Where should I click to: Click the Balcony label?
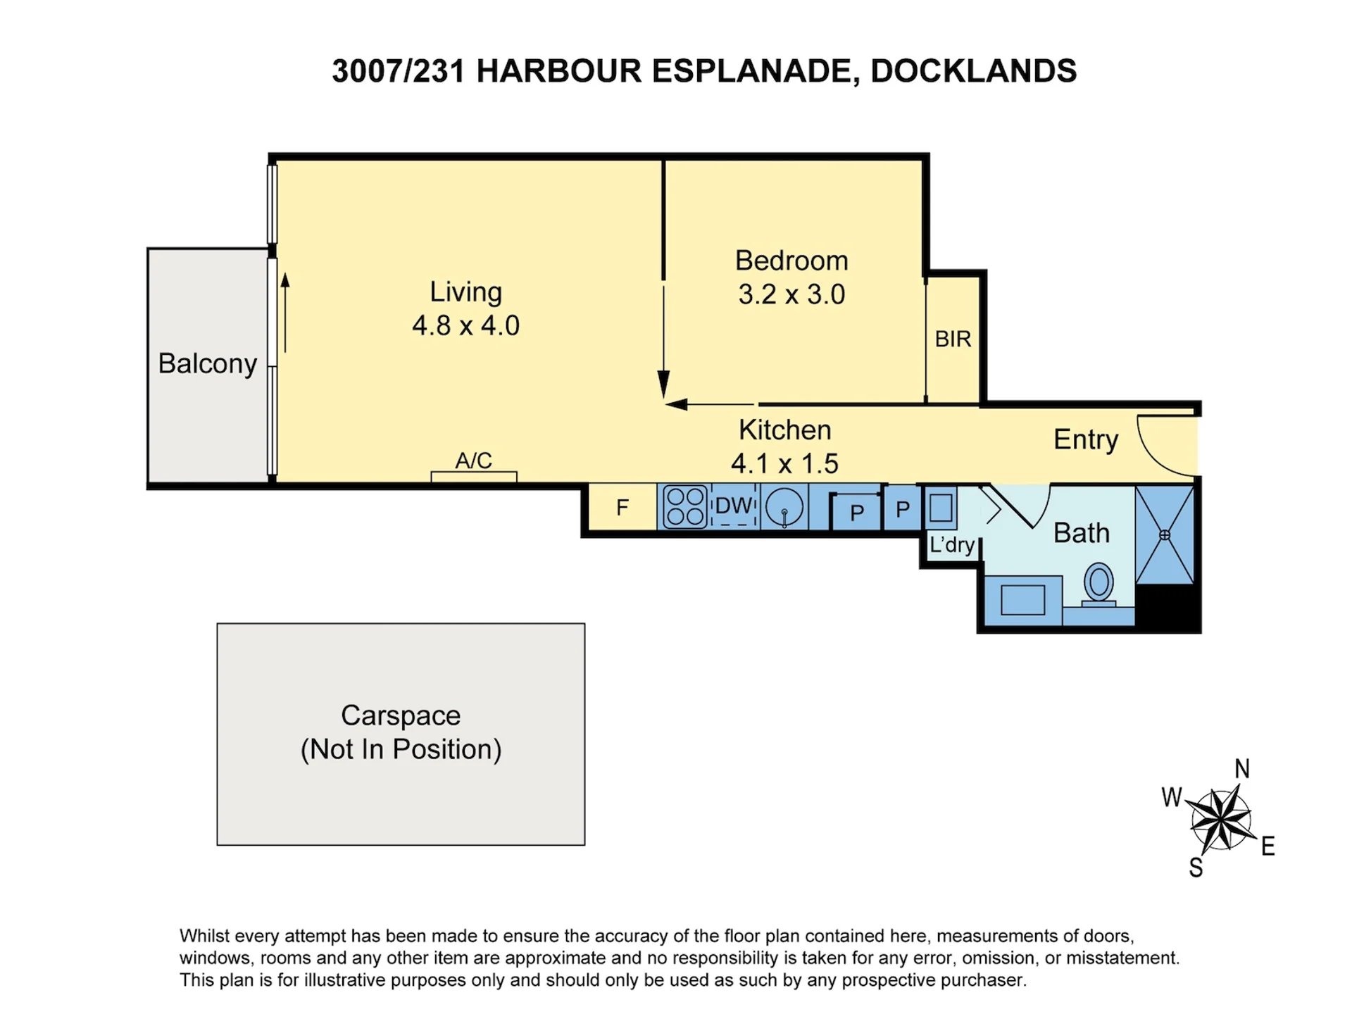pyautogui.click(x=208, y=364)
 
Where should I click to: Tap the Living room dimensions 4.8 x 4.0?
pyautogui.click(x=466, y=325)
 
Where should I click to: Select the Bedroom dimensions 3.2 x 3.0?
pyautogui.click(x=791, y=294)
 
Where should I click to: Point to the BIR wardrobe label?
pyautogui.click(x=953, y=339)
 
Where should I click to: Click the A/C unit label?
pyautogui.click(x=473, y=461)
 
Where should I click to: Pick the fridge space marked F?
pyautogui.click(x=622, y=507)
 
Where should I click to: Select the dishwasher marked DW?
pyautogui.click(x=734, y=506)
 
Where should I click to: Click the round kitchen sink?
pyautogui.click(x=784, y=507)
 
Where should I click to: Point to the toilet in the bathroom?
pyautogui.click(x=1098, y=584)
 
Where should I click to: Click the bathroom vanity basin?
pyautogui.click(x=1022, y=600)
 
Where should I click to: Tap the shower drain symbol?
pyautogui.click(x=1165, y=535)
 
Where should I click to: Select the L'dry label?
pyautogui.click(x=952, y=544)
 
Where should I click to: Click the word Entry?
pyautogui.click(x=1086, y=439)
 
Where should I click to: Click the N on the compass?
pyautogui.click(x=1242, y=768)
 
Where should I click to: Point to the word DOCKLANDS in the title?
pyautogui.click(x=974, y=71)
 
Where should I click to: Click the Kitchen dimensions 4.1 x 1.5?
pyautogui.click(x=784, y=463)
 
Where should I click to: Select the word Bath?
pyautogui.click(x=1082, y=533)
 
